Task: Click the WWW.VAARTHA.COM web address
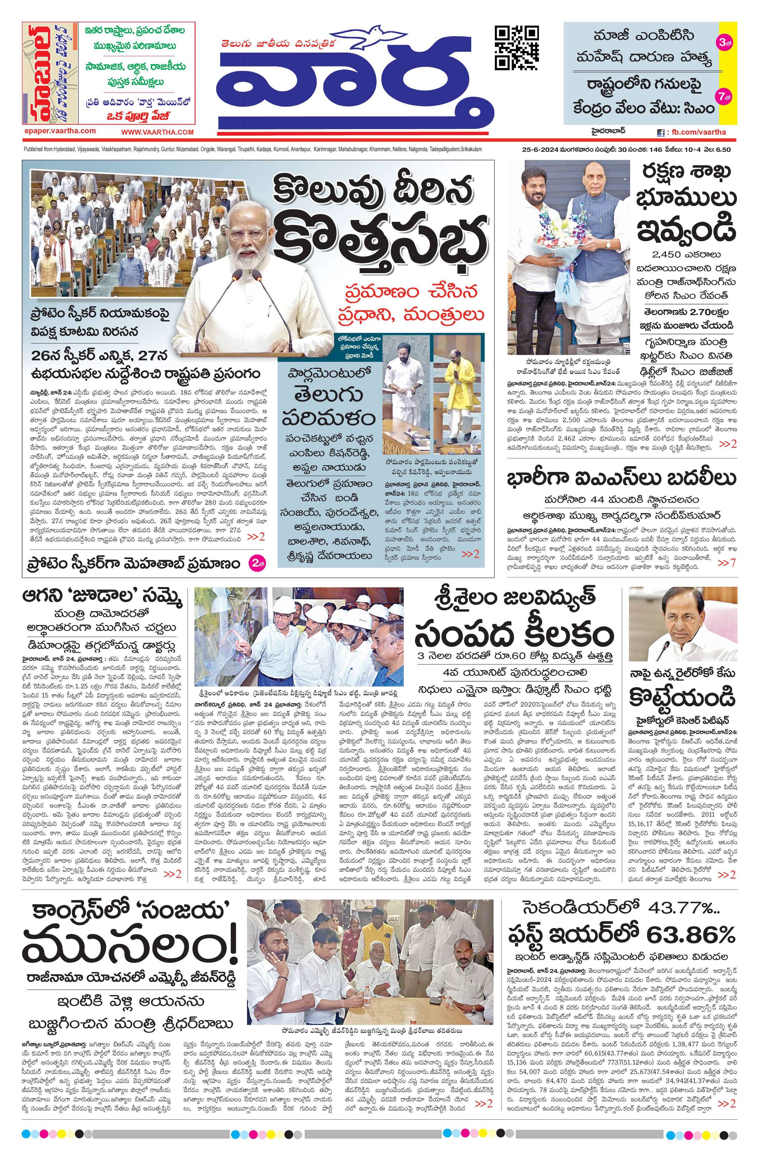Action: click(x=157, y=132)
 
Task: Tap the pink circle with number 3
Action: click(x=723, y=42)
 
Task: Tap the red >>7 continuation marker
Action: click(x=726, y=563)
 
